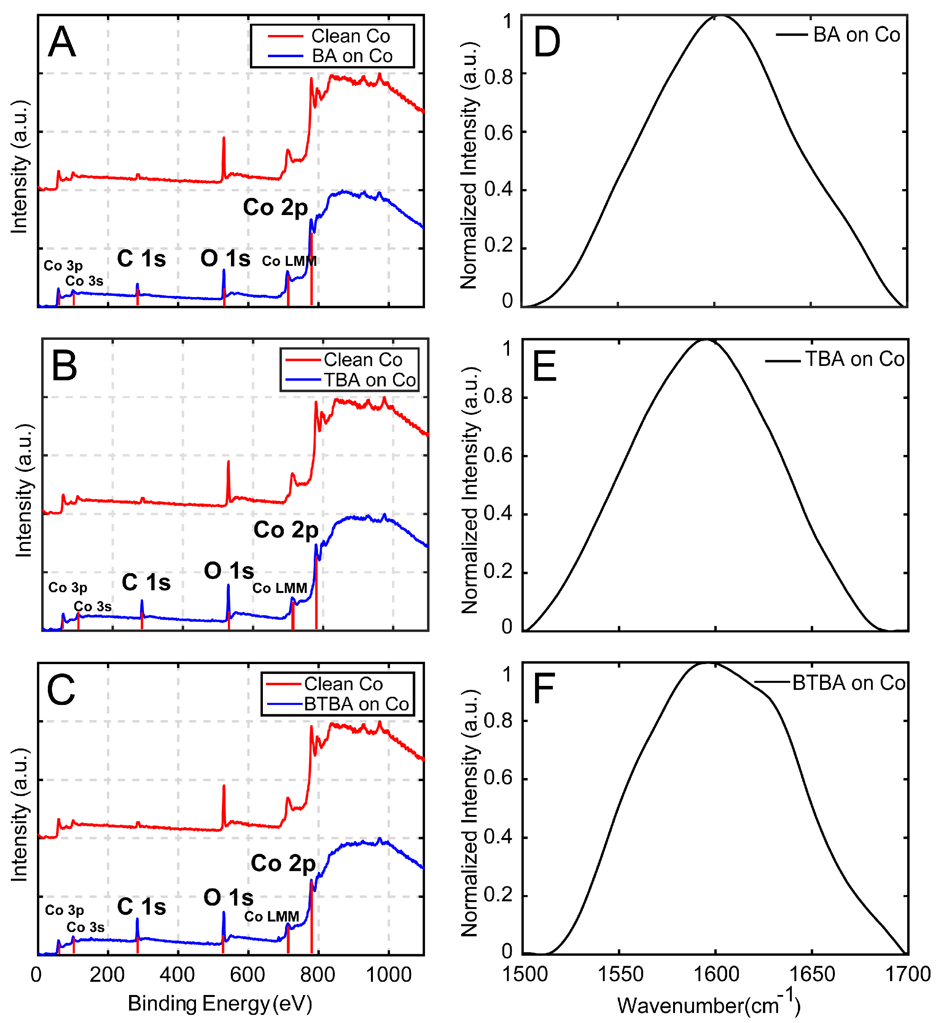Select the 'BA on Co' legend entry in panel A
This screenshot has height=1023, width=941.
352,56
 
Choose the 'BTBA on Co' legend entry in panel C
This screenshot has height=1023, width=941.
357,704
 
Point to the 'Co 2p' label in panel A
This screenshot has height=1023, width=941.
275,207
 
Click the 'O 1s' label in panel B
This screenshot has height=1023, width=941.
229,571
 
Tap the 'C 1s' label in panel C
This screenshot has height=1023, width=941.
142,907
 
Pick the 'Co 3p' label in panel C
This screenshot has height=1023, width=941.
64,910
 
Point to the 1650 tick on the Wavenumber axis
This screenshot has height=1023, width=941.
812,974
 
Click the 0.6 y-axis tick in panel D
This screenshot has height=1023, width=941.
498,133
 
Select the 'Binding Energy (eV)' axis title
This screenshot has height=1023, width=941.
220,1004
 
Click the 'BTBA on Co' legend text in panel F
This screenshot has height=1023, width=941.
849,683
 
